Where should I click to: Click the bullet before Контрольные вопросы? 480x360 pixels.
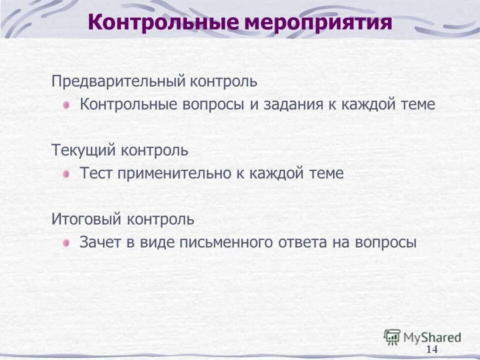tap(66, 105)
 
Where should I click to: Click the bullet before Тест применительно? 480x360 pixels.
tap(66, 174)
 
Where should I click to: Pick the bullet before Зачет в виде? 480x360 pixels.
tap(66, 243)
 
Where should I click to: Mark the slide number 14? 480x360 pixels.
tap(432, 349)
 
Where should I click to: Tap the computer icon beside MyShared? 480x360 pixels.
tap(392, 336)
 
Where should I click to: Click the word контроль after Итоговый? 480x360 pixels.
tap(160, 219)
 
